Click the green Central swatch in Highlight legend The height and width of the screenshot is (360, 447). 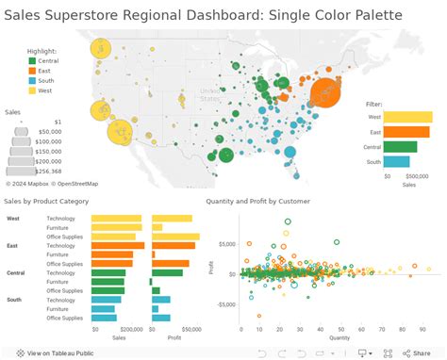[33, 60]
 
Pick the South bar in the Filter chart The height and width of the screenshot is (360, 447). [396, 161]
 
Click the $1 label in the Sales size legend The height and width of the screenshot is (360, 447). [58, 122]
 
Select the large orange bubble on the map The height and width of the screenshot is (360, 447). [326, 92]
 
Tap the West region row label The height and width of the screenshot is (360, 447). [14, 219]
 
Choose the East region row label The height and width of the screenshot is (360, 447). [14, 245]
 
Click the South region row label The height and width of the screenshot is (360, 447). [15, 300]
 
